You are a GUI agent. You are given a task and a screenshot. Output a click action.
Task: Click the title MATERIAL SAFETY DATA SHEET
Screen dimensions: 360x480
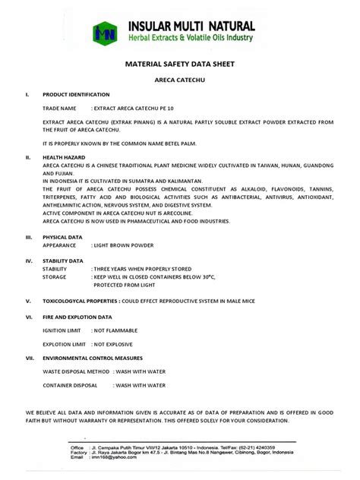coord(179,66)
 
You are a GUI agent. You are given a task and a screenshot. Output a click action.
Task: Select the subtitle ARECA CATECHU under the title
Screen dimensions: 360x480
coord(179,81)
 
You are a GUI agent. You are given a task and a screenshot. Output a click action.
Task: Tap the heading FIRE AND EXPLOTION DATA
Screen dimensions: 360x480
coord(77,317)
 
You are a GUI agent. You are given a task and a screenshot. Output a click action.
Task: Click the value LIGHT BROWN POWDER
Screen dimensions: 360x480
coord(123,245)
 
